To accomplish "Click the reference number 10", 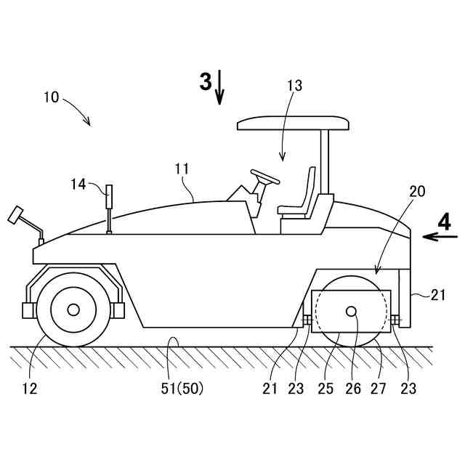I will [x=52, y=97].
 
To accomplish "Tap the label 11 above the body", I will [x=182, y=169].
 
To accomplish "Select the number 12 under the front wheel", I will [x=29, y=388].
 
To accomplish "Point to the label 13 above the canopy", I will [x=294, y=86].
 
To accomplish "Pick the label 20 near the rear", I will [x=417, y=191].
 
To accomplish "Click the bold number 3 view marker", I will [x=206, y=81].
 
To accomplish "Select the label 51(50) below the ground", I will [x=182, y=388].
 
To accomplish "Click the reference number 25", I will [x=325, y=388].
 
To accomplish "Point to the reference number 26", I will [x=353, y=388].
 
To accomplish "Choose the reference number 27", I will [x=379, y=388].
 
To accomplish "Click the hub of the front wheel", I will [x=73, y=310].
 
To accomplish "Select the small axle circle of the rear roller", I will [x=352, y=312].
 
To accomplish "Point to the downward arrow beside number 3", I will [x=220, y=87].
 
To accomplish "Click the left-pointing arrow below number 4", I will [x=440, y=236].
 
